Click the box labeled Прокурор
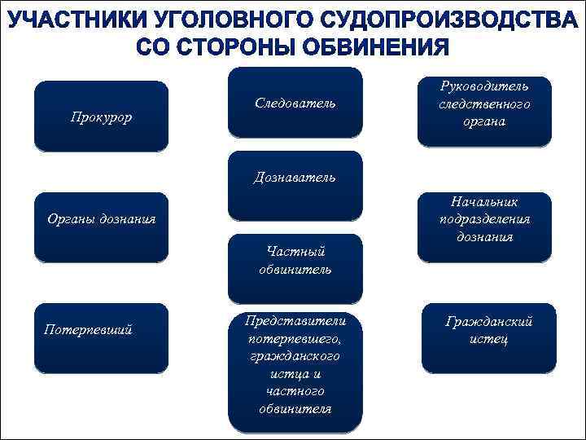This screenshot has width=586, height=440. point(101,117)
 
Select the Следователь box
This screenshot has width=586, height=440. point(295,103)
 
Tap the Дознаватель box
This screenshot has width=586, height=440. point(295,178)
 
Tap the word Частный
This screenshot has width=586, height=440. point(295,252)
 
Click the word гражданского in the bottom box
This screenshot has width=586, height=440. point(295,356)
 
